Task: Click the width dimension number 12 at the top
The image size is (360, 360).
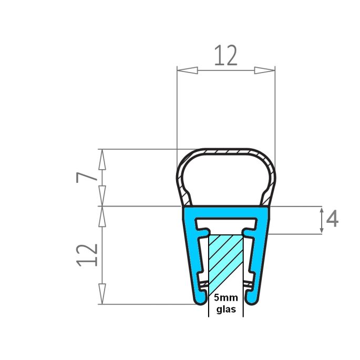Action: click(x=225, y=56)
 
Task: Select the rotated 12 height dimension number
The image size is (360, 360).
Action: click(x=87, y=255)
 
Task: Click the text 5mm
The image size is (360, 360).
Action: click(x=226, y=299)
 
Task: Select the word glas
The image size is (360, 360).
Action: click(x=226, y=310)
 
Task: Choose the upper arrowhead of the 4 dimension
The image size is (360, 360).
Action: click(x=321, y=212)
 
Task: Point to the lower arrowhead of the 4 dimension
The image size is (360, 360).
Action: click(x=321, y=227)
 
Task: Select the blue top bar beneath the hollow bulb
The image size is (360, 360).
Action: click(x=226, y=210)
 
